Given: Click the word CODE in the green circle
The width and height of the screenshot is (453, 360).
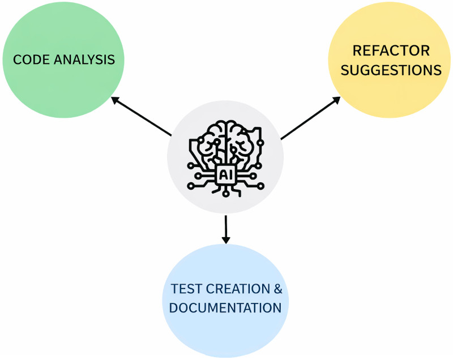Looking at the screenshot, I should [x=28, y=59].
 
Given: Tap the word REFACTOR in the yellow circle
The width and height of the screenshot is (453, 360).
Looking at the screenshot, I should [x=391, y=51].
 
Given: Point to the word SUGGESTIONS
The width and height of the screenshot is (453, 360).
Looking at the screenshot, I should [x=391, y=71].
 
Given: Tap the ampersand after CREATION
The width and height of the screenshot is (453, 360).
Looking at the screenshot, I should [x=277, y=289].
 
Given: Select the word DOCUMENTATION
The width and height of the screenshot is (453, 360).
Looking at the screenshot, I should [x=225, y=308].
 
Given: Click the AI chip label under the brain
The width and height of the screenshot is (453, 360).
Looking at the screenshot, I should [x=225, y=174].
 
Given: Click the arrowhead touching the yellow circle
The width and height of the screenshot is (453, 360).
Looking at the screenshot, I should [x=336, y=100].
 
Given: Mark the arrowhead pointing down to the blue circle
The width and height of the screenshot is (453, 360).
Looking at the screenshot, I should [x=226, y=239].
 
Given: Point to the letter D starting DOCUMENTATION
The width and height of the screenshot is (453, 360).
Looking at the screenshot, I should [x=174, y=308].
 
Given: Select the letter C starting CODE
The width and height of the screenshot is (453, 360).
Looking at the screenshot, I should [x=17, y=59].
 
